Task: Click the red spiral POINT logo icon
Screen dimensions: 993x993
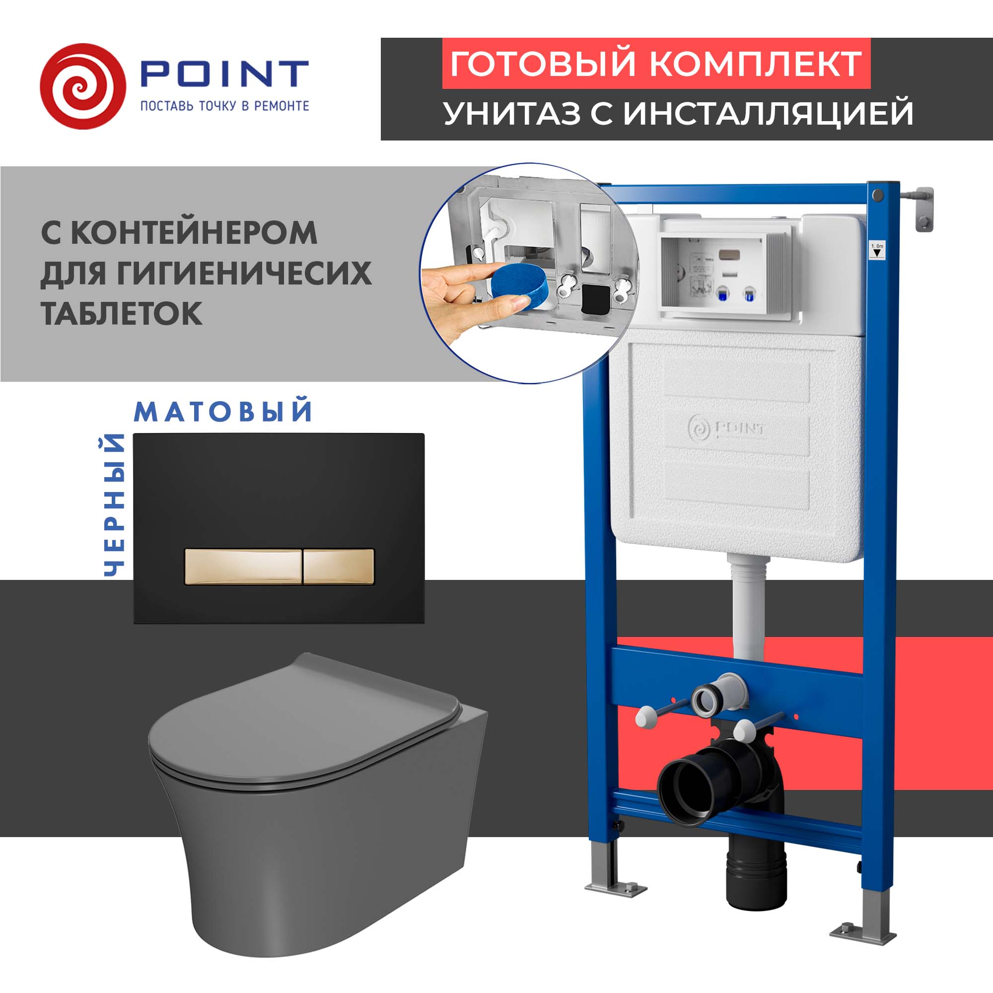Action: click(82, 86)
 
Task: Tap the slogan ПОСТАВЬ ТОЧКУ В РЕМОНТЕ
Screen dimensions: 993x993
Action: click(224, 106)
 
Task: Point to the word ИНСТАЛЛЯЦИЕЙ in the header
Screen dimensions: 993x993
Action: click(769, 113)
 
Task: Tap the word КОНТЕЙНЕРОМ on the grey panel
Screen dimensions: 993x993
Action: click(194, 232)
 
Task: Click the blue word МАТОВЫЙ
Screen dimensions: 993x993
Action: click(223, 412)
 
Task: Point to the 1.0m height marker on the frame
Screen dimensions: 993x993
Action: click(877, 250)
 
